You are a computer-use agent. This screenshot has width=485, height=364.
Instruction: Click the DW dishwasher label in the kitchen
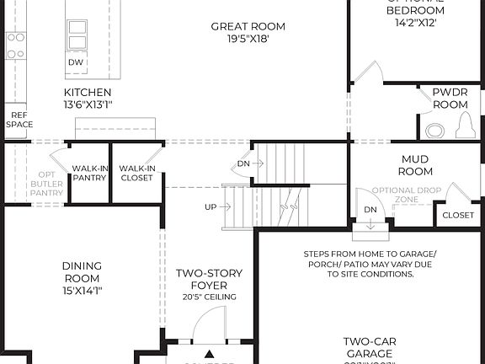(77, 62)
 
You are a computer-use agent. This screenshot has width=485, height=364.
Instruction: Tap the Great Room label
(240, 33)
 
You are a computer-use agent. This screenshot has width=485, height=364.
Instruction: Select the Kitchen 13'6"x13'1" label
(88, 98)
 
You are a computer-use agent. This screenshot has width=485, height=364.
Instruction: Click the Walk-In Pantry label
(89, 173)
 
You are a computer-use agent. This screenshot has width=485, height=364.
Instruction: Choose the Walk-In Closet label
(136, 173)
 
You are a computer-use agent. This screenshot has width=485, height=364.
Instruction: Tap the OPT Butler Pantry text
(47, 183)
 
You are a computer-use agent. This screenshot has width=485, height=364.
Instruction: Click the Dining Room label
(82, 278)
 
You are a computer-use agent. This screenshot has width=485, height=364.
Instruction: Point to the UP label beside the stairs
(211, 206)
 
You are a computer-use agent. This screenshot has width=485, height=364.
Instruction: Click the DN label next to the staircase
(243, 163)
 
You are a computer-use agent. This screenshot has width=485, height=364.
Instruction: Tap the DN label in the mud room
(370, 210)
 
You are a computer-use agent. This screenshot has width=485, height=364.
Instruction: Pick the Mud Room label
(415, 165)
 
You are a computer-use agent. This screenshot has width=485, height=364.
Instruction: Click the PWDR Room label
(450, 98)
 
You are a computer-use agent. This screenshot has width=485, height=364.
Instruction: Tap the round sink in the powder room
(434, 131)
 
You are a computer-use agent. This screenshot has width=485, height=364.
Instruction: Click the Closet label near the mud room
(458, 215)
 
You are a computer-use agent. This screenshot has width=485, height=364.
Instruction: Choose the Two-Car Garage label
(370, 347)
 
